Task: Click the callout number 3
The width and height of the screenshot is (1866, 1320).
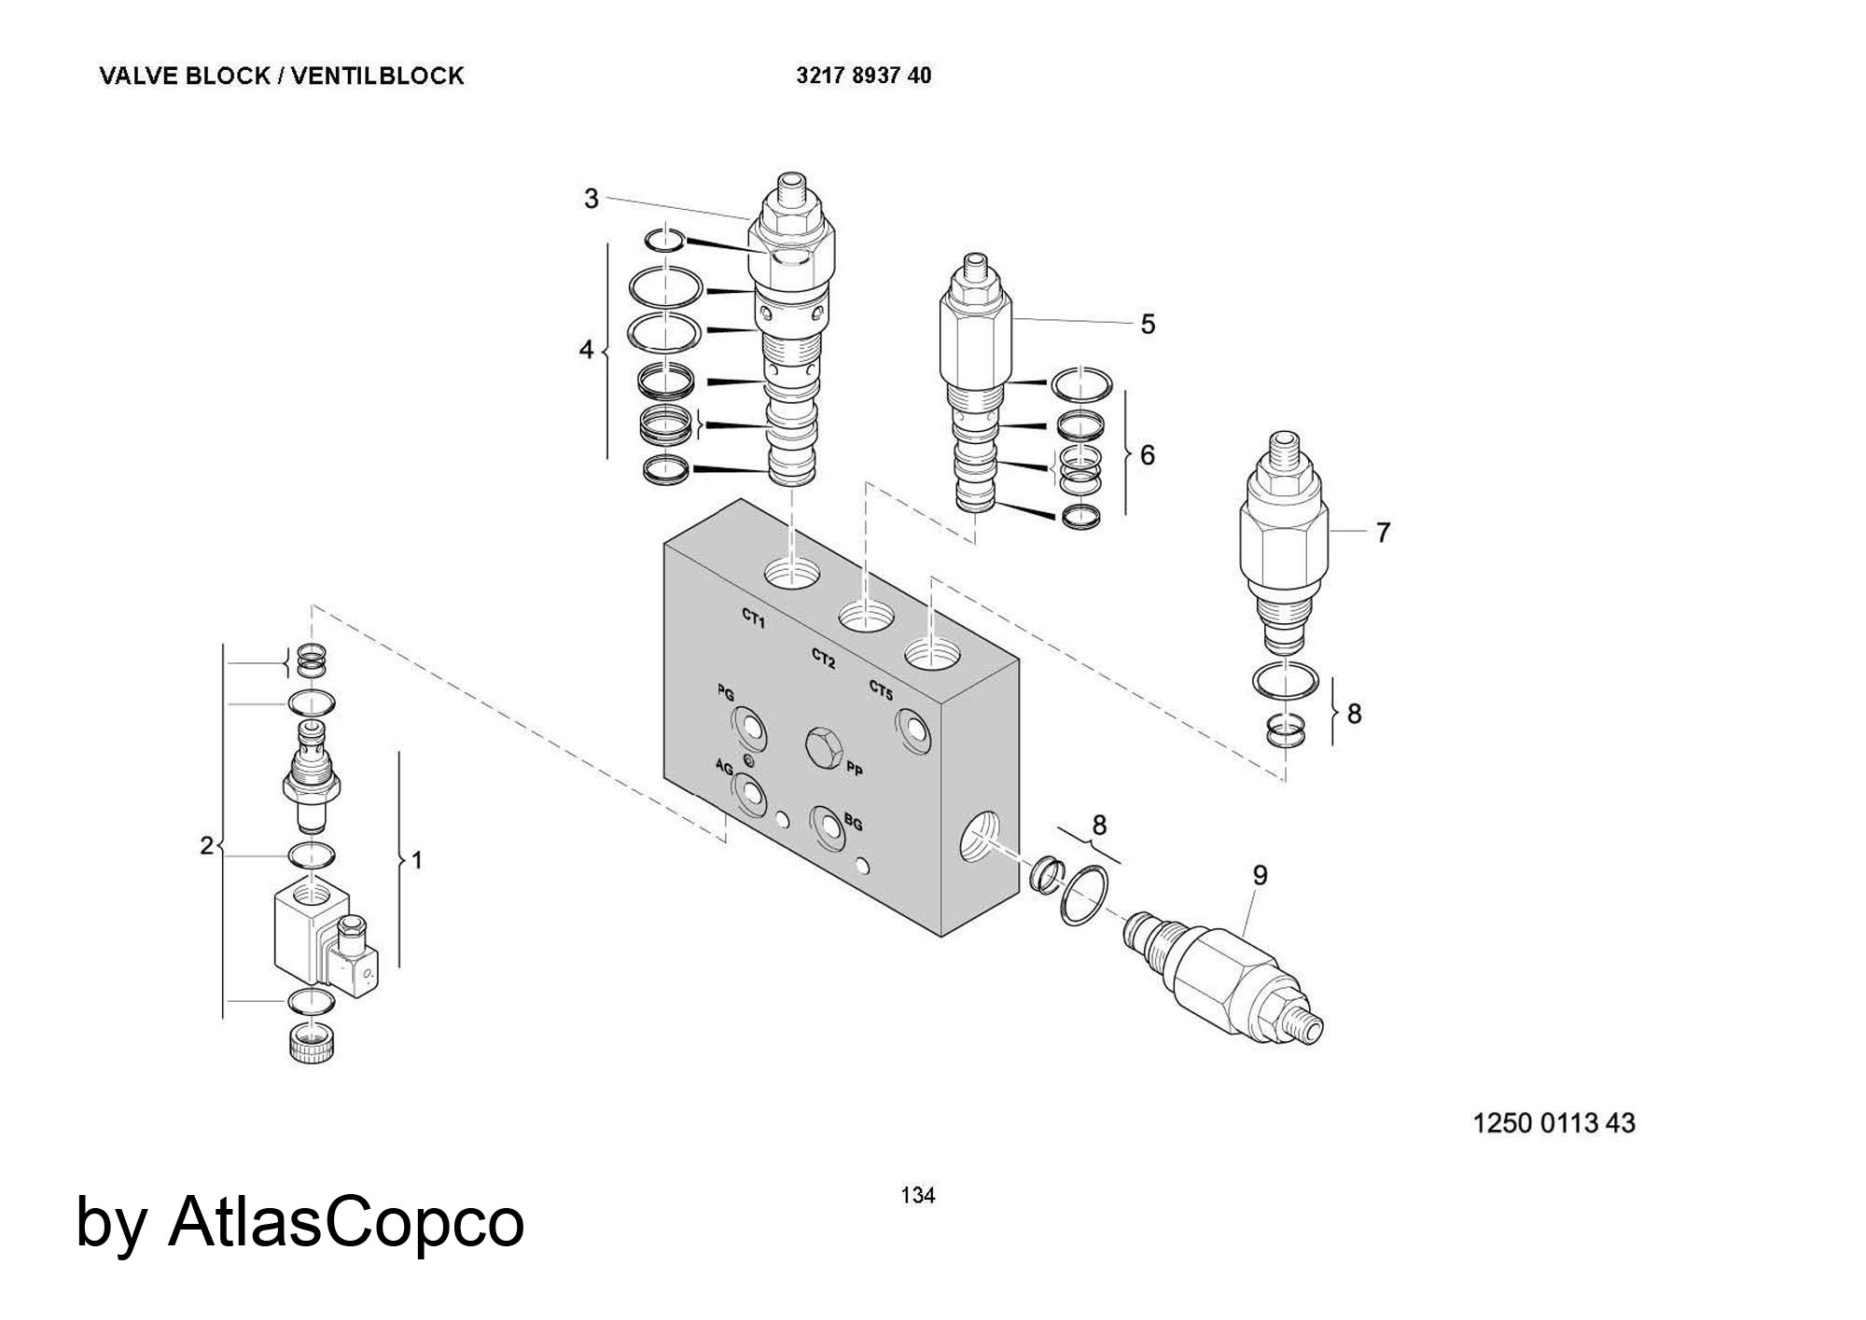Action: (x=591, y=199)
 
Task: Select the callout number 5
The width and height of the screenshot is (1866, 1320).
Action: (x=1148, y=325)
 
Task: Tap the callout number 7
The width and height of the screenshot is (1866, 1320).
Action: (x=1383, y=533)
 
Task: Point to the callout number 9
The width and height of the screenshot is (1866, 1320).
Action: (x=1260, y=875)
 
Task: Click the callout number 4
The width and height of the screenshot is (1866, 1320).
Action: (x=586, y=351)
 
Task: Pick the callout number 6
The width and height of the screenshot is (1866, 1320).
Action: (x=1148, y=454)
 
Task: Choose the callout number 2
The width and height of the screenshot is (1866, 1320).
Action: (x=206, y=845)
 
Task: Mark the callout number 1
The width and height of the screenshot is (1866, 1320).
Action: (x=416, y=859)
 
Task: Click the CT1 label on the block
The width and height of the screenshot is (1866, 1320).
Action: (x=754, y=618)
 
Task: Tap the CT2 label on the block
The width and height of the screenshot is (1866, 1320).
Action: (x=823, y=659)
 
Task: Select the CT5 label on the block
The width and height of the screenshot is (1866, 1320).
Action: (x=881, y=690)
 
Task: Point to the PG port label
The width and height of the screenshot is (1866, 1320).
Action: (x=725, y=693)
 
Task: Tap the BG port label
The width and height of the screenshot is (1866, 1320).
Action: (x=853, y=824)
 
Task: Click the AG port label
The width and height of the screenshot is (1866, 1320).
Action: (x=724, y=768)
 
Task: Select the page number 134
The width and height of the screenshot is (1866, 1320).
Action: (x=918, y=1195)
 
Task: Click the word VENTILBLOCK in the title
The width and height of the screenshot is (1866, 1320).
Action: (x=377, y=76)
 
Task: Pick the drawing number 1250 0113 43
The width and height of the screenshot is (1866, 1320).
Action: (x=1553, y=1122)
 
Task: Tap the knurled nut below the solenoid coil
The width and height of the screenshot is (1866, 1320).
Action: (x=313, y=1042)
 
